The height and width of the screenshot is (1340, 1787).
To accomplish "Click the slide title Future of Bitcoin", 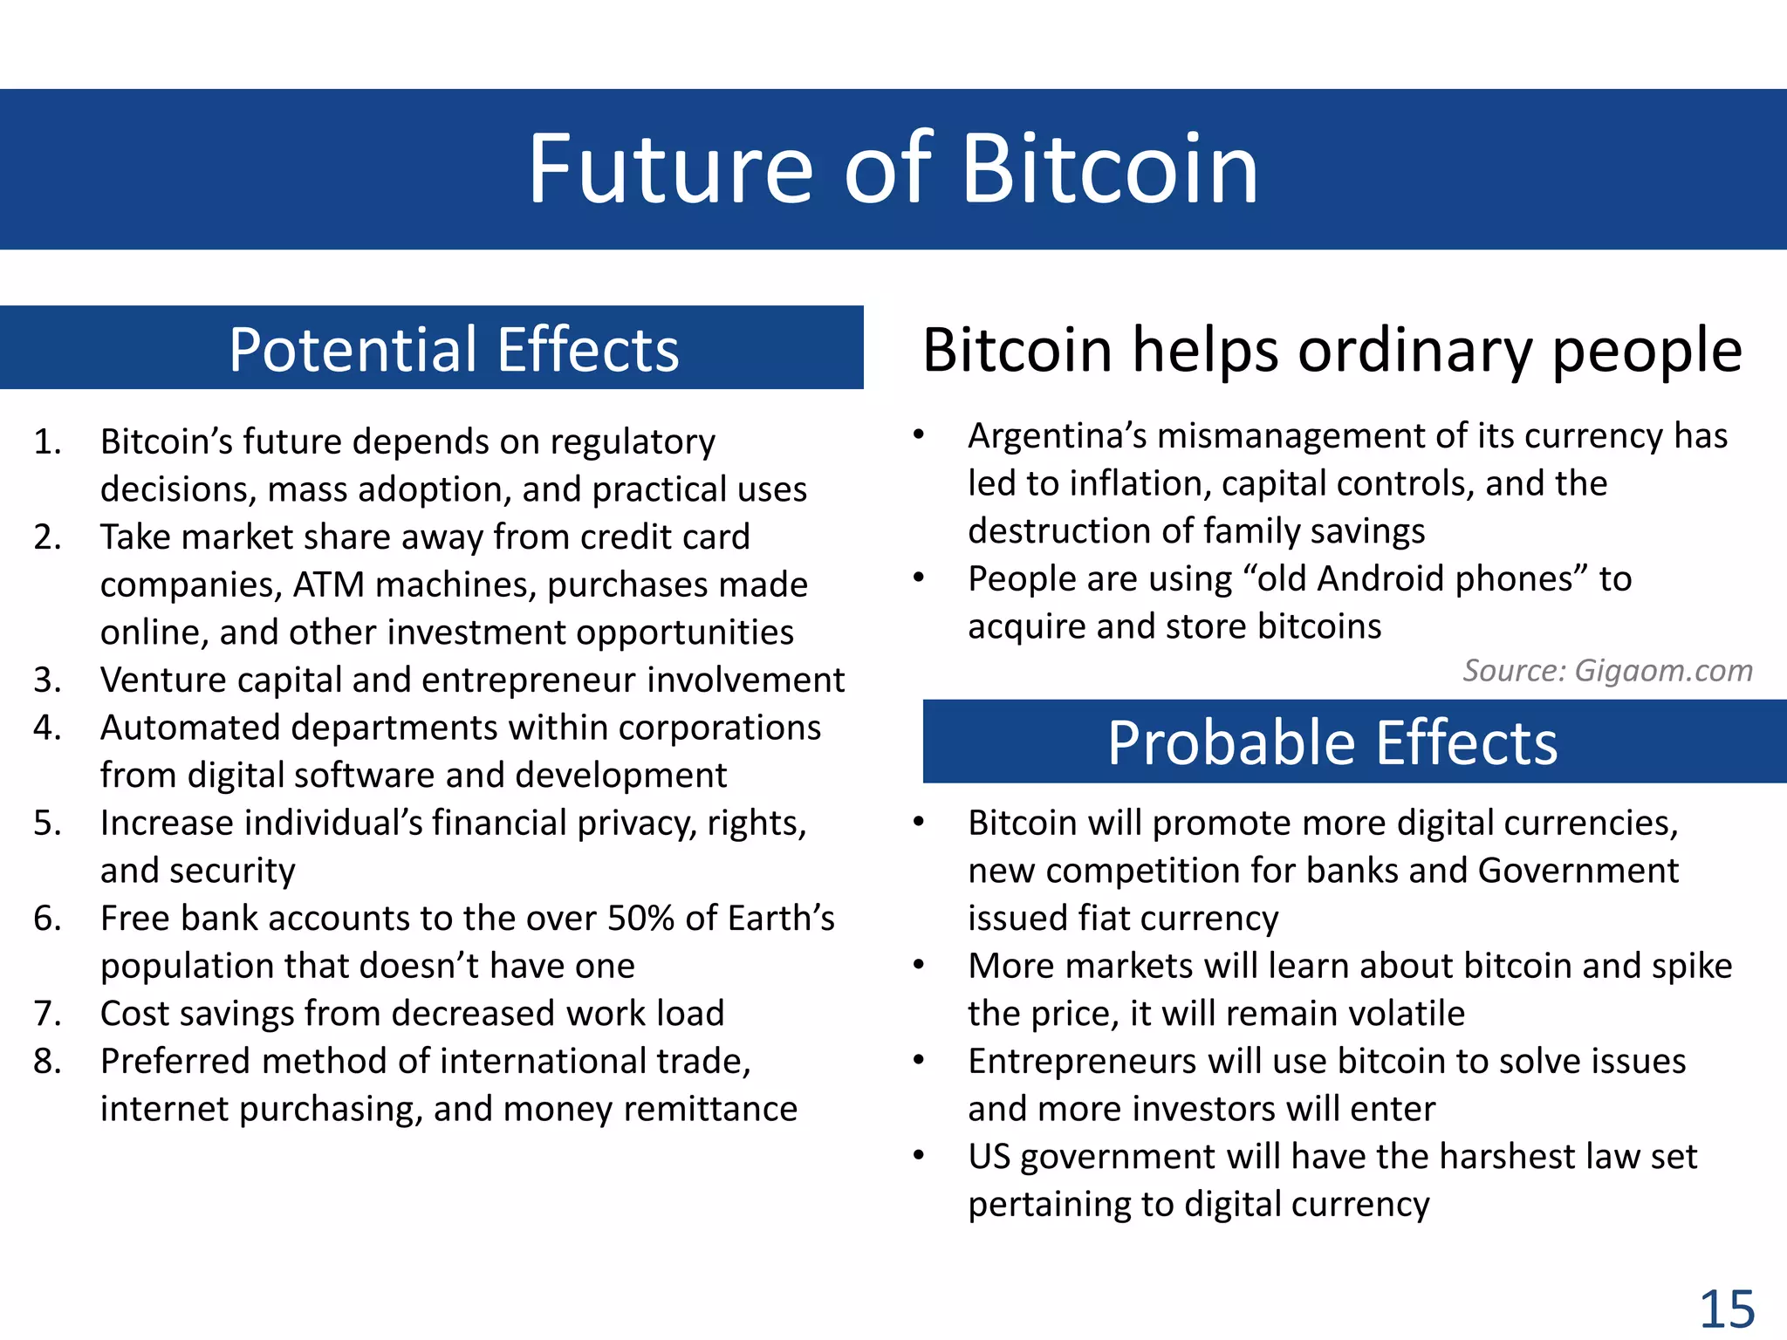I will click(x=893, y=169).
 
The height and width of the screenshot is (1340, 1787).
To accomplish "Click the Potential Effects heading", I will click(x=454, y=350).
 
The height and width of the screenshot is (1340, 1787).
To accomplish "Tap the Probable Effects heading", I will click(x=1332, y=743).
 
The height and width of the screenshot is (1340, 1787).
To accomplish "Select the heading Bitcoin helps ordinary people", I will click(x=1332, y=351).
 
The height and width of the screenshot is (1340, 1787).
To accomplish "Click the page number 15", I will click(x=1726, y=1309).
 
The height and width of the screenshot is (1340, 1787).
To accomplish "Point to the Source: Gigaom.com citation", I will click(x=1607, y=671).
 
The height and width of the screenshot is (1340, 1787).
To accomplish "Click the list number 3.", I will click(x=47, y=680).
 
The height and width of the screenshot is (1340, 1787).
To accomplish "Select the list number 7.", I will click(x=47, y=1014).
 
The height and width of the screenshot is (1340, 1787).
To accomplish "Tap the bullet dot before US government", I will click(x=918, y=1156).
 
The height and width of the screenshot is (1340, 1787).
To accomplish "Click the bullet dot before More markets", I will click(x=918, y=965).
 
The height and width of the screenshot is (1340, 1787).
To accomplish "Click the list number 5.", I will click(x=47, y=824).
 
